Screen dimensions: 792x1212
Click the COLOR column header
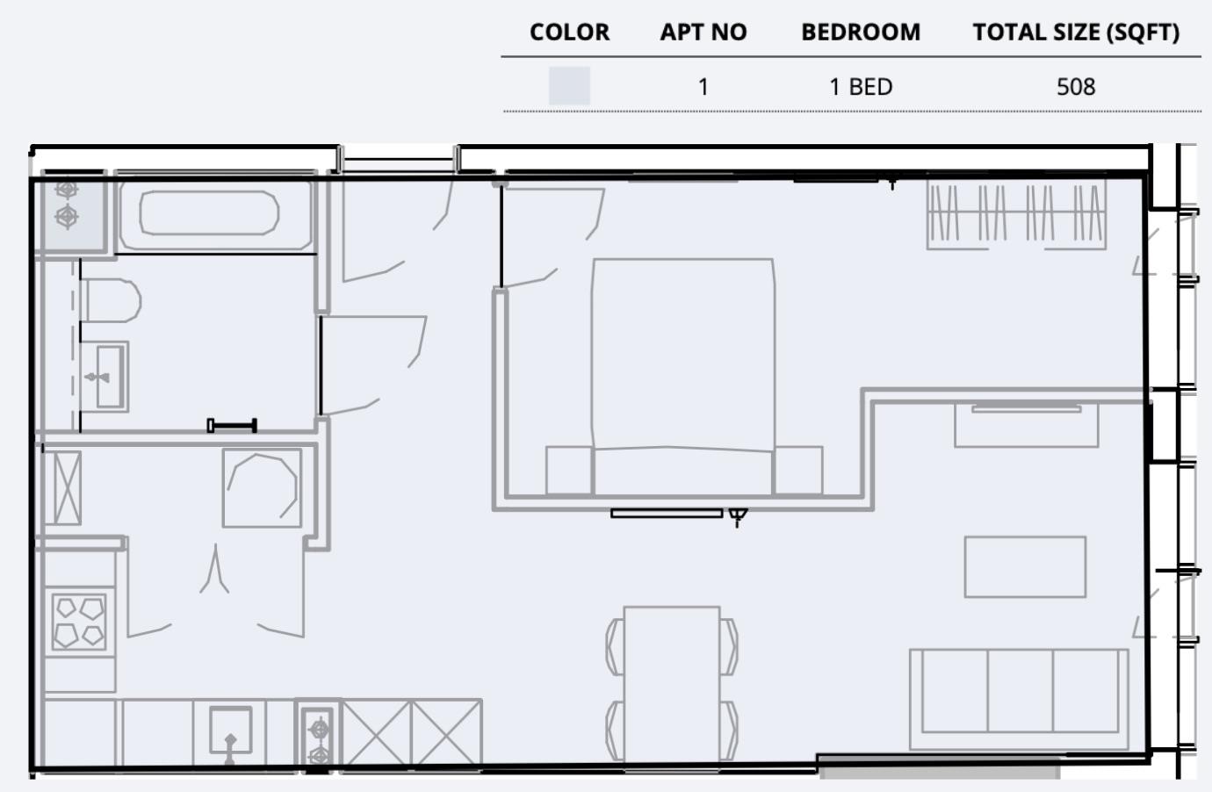coord(569,32)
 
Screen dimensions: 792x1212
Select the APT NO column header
coord(703,32)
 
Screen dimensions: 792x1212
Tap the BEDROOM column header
coord(861,32)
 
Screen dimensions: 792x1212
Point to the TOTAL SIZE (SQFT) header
coord(1075,32)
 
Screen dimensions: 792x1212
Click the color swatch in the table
coord(569,86)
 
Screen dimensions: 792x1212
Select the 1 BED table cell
coord(861,87)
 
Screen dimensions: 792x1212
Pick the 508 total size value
coord(1075,87)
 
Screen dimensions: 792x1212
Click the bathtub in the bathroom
coord(209,213)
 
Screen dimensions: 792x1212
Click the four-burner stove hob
coord(79,622)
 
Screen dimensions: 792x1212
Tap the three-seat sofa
coord(1019,698)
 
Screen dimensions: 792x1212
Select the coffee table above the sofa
coord(1025,567)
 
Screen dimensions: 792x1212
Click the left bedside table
coord(568,471)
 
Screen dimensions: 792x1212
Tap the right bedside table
coord(797,471)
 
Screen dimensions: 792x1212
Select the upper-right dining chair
coord(729,645)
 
